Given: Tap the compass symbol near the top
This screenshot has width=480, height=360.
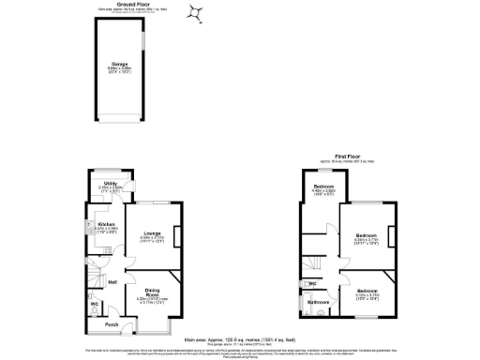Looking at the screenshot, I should [196, 12].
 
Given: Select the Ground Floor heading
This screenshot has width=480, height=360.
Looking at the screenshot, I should [120, 4].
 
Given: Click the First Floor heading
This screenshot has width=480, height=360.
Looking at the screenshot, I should [347, 157].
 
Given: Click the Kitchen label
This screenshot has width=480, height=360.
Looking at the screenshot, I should [106, 225].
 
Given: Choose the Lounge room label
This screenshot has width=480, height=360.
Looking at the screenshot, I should [153, 234].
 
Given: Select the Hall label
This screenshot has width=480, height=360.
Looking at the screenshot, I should [112, 282].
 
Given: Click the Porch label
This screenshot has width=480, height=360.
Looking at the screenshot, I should [112, 325].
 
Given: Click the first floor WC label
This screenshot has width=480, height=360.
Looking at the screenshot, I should [311, 281].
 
